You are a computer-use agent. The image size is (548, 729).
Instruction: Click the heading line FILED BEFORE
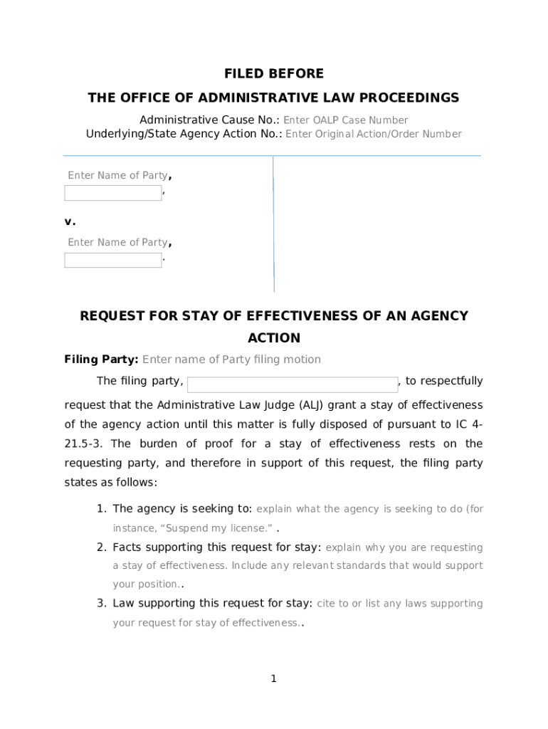(274, 74)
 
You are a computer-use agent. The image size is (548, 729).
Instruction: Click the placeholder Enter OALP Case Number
(346, 120)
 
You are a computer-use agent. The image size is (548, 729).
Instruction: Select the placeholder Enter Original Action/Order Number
(374, 134)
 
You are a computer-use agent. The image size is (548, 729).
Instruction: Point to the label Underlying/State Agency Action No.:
(184, 134)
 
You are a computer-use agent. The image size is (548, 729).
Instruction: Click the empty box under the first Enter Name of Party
(113, 193)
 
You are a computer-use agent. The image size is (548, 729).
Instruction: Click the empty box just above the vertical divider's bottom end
(113, 260)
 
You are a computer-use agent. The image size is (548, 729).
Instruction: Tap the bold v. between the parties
(70, 221)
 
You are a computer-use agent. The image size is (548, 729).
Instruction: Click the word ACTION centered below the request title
(274, 338)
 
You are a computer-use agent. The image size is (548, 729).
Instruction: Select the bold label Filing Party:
(102, 360)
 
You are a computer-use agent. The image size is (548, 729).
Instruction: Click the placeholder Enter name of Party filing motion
(232, 360)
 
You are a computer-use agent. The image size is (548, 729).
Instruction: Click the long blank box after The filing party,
(292, 384)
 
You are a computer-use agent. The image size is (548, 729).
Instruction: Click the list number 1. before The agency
(102, 509)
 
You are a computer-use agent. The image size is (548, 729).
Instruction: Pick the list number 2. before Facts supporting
(102, 547)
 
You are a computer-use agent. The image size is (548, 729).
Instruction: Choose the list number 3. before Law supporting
(102, 604)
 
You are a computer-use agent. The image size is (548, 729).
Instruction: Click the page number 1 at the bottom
(273, 679)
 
